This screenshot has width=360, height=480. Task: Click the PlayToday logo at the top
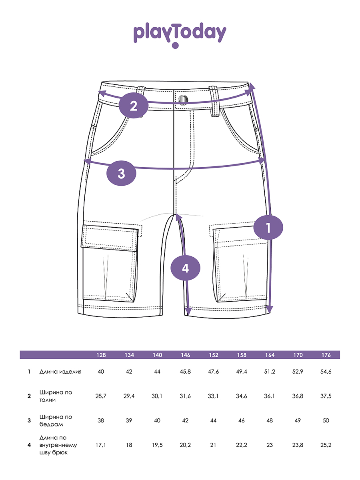(180, 35)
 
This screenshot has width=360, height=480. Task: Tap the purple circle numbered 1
(268, 228)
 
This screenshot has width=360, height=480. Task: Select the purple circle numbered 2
(134, 106)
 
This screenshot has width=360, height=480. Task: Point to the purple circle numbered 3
(121, 174)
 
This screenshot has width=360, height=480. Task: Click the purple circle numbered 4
(185, 268)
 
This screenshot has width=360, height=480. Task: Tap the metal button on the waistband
(183, 99)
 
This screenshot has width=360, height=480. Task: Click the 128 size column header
(101, 355)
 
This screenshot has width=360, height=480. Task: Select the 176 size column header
(326, 355)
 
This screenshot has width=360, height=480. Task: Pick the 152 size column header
(214, 355)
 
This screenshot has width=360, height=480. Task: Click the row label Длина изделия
(60, 372)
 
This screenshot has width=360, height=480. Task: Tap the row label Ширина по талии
(56, 396)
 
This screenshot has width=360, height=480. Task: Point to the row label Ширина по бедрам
(56, 420)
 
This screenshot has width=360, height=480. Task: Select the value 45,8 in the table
(185, 372)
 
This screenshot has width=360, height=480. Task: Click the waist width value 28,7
(101, 396)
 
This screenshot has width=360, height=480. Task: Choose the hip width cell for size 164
(270, 420)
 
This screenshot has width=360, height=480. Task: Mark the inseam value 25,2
(326, 445)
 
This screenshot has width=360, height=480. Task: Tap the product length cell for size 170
(298, 372)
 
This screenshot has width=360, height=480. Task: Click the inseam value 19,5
(157, 445)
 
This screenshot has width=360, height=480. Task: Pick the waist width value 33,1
(213, 396)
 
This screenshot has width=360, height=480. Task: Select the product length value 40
(101, 372)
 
